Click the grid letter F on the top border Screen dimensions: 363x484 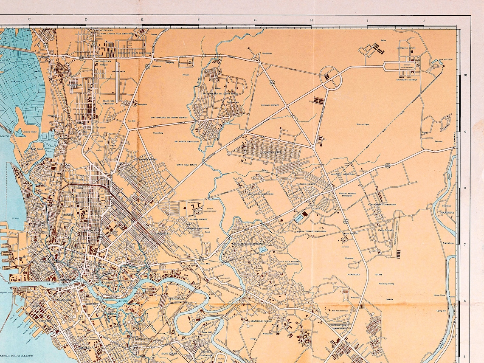pos(198,20)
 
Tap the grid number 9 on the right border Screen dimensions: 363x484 pos(466,132)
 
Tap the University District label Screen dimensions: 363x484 pos(408,79)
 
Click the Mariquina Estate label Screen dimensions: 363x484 pos(407,48)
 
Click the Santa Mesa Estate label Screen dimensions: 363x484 pos(187,164)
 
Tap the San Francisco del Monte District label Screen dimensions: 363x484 pos(169,117)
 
